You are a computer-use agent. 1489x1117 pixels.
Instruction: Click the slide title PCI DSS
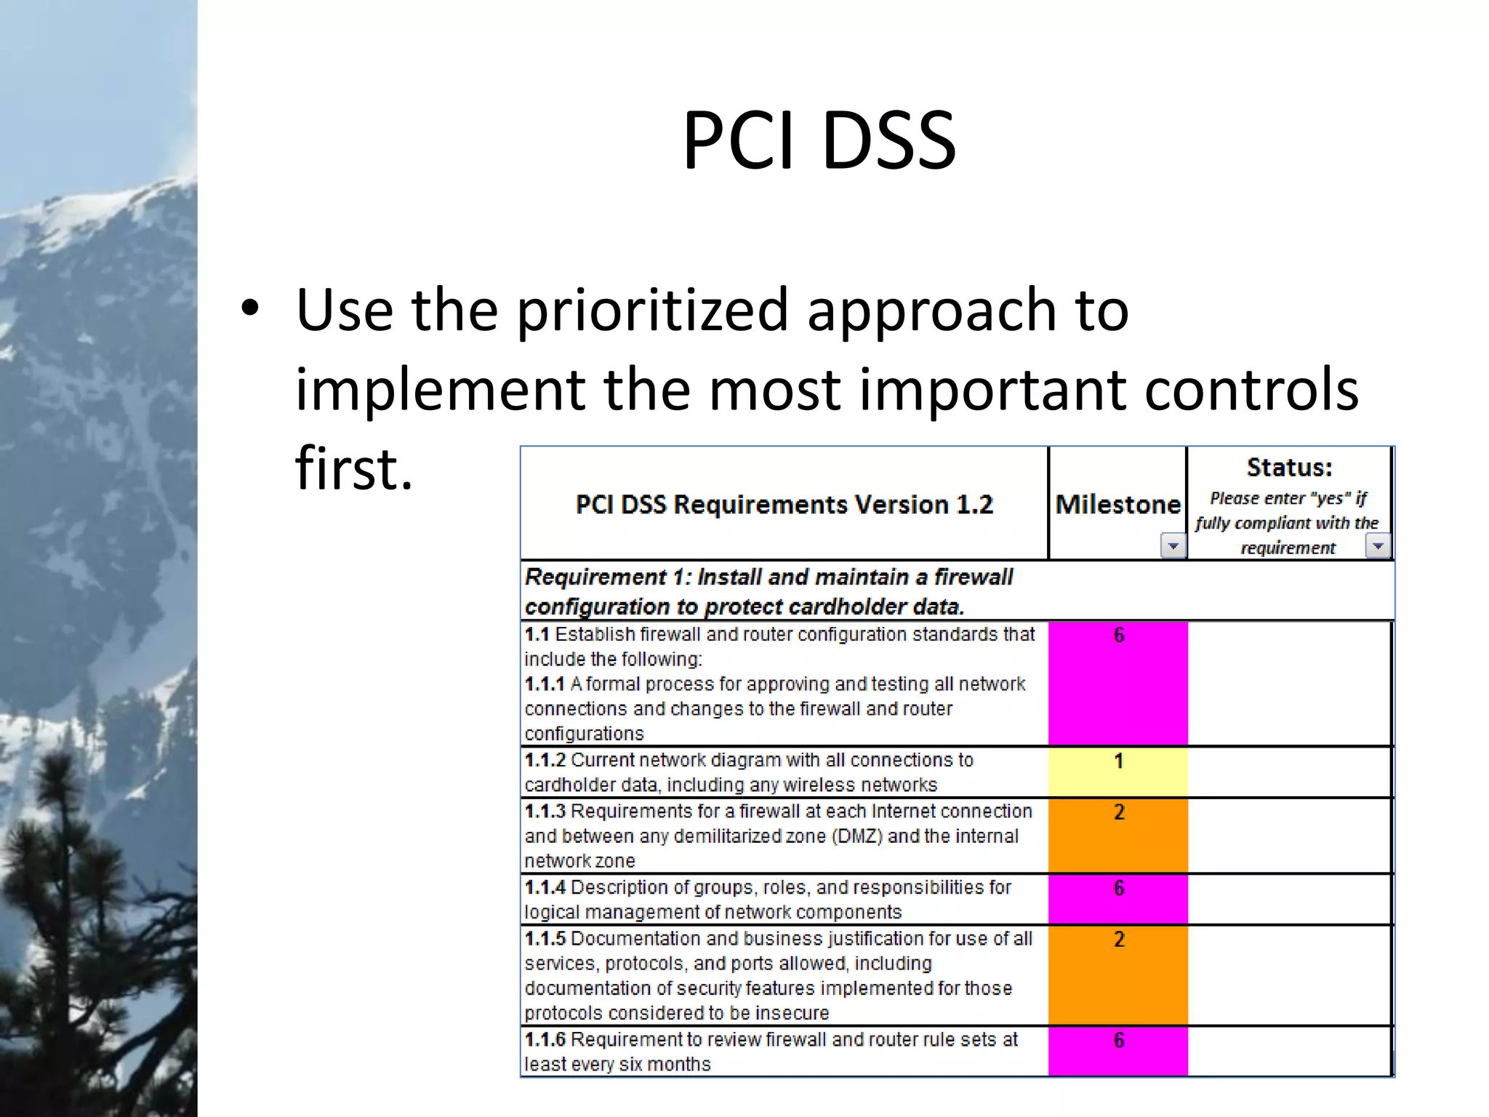[819, 140]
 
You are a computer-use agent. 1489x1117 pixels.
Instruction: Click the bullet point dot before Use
[250, 308]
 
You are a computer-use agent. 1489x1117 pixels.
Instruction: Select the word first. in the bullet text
[354, 468]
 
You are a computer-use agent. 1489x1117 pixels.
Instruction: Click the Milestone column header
[1117, 504]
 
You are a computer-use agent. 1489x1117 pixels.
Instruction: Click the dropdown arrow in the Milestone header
[1173, 545]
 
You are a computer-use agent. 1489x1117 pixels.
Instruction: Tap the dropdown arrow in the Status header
[1378, 545]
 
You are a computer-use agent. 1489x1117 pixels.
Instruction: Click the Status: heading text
[1289, 468]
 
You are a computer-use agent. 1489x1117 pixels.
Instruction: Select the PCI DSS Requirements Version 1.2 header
[784, 505]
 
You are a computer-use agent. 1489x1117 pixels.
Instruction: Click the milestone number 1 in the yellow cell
[1119, 761]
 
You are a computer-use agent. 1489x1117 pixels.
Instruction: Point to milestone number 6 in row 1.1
[1119, 635]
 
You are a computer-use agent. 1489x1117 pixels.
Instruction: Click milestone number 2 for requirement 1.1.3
[1119, 812]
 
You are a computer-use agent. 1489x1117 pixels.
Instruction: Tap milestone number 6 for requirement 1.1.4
[1119, 888]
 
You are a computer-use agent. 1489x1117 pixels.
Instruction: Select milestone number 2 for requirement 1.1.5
[1119, 939]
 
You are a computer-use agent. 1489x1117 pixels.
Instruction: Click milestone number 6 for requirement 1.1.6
[1119, 1040]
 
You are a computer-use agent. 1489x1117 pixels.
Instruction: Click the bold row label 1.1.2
[545, 760]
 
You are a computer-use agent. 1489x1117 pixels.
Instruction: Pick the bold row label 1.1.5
[545, 938]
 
